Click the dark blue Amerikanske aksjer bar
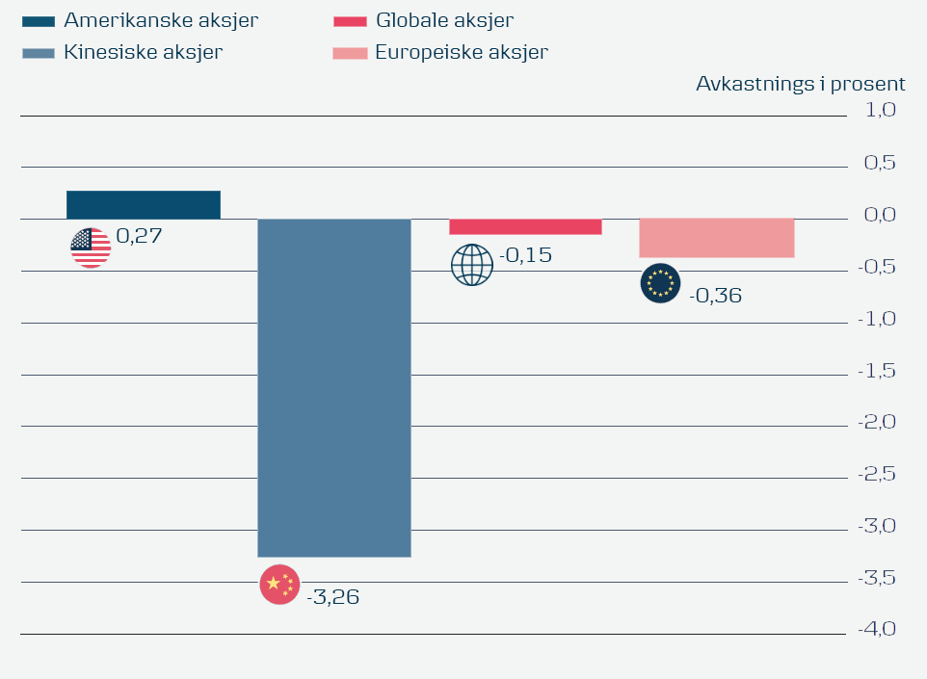[x=144, y=204]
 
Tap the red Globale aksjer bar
[x=525, y=226]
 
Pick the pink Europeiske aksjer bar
[x=716, y=238]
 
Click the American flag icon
[x=91, y=248]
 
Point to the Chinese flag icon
[x=279, y=585]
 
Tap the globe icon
[x=472, y=265]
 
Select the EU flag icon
[x=660, y=283]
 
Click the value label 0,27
[x=139, y=235]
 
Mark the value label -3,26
[x=332, y=597]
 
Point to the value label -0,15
[x=525, y=256]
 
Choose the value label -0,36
[x=715, y=296]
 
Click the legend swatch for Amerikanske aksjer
[x=39, y=21]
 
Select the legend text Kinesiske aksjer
[x=143, y=52]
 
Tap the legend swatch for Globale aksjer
[x=350, y=21]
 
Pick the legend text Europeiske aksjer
[x=462, y=52]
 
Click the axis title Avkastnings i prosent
[x=800, y=84]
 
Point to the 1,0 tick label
[x=881, y=110]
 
